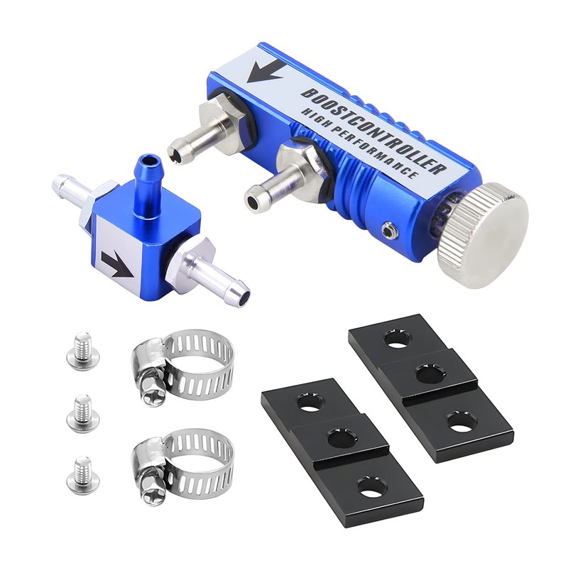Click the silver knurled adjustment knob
pos(483,236)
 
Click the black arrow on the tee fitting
pos(118,264)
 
